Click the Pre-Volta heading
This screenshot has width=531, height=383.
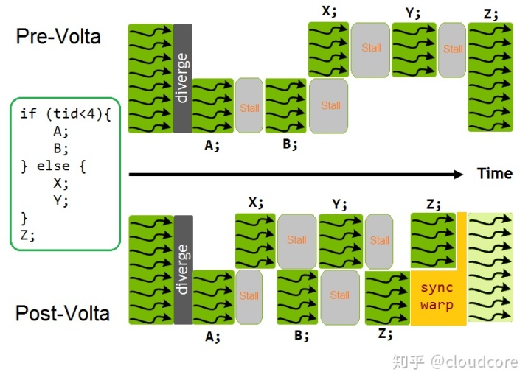pos(58,36)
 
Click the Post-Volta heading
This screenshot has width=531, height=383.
pos(62,313)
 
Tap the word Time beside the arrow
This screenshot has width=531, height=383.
pos(494,174)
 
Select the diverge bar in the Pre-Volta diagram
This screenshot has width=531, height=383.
pos(183,78)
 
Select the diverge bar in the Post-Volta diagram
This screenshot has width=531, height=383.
pos(183,269)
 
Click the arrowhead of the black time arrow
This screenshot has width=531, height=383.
pos(459,174)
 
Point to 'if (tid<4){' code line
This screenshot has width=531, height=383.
pos(65,113)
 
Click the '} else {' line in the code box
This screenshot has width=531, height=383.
pos(53,166)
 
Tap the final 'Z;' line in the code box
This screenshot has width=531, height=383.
pos(27,235)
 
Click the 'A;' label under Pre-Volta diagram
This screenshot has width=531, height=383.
pos(212,145)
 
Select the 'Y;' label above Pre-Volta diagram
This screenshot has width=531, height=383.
pos(413,13)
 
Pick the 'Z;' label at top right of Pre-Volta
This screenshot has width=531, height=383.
pos(490,14)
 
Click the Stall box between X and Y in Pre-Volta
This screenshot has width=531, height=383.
pos(371,48)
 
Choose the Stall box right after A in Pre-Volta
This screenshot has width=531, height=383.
pos(249,108)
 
